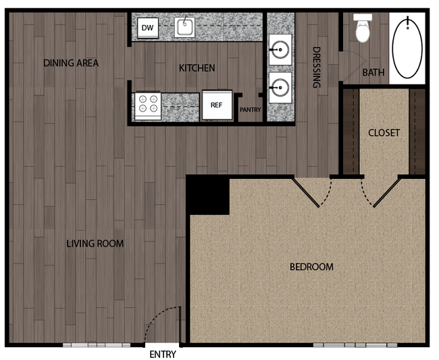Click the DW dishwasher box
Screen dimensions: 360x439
pos(147,28)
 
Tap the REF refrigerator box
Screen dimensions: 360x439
pos(216,105)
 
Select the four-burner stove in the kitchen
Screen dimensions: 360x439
pos(147,104)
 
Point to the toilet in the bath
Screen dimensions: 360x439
pos(363,27)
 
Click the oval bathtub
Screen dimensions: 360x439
pos(407,47)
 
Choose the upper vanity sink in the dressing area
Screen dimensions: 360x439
pos(280,49)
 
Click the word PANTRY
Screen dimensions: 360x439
pos(250,109)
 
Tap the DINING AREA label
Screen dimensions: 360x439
pos(71,63)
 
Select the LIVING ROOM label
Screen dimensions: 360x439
pos(95,243)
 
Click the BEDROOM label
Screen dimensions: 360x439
pos(311,267)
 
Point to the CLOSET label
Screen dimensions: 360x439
pos(384,132)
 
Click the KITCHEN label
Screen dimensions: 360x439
pos(197,68)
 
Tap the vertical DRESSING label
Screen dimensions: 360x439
pos(315,68)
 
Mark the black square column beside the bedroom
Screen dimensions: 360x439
pos(207,195)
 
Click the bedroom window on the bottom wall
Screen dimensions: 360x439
pos(346,345)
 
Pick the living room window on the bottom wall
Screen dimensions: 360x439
pos(96,345)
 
